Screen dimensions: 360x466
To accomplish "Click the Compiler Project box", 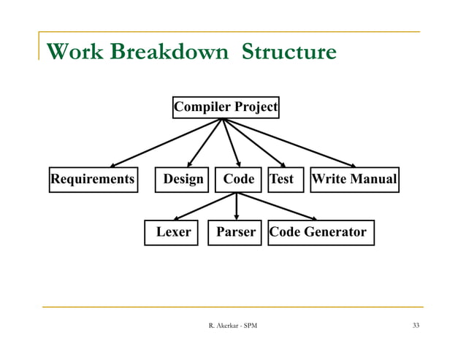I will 225,107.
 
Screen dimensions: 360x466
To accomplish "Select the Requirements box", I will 92,179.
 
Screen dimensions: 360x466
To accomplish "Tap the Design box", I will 183,179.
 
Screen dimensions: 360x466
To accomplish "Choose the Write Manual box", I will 354,179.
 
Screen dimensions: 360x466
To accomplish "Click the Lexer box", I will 172,232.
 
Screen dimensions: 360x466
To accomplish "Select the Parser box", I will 234,232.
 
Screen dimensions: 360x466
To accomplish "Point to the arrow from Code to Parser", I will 236,206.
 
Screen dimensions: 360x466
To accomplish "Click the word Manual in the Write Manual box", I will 374,179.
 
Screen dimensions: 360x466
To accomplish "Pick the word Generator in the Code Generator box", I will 336,232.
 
